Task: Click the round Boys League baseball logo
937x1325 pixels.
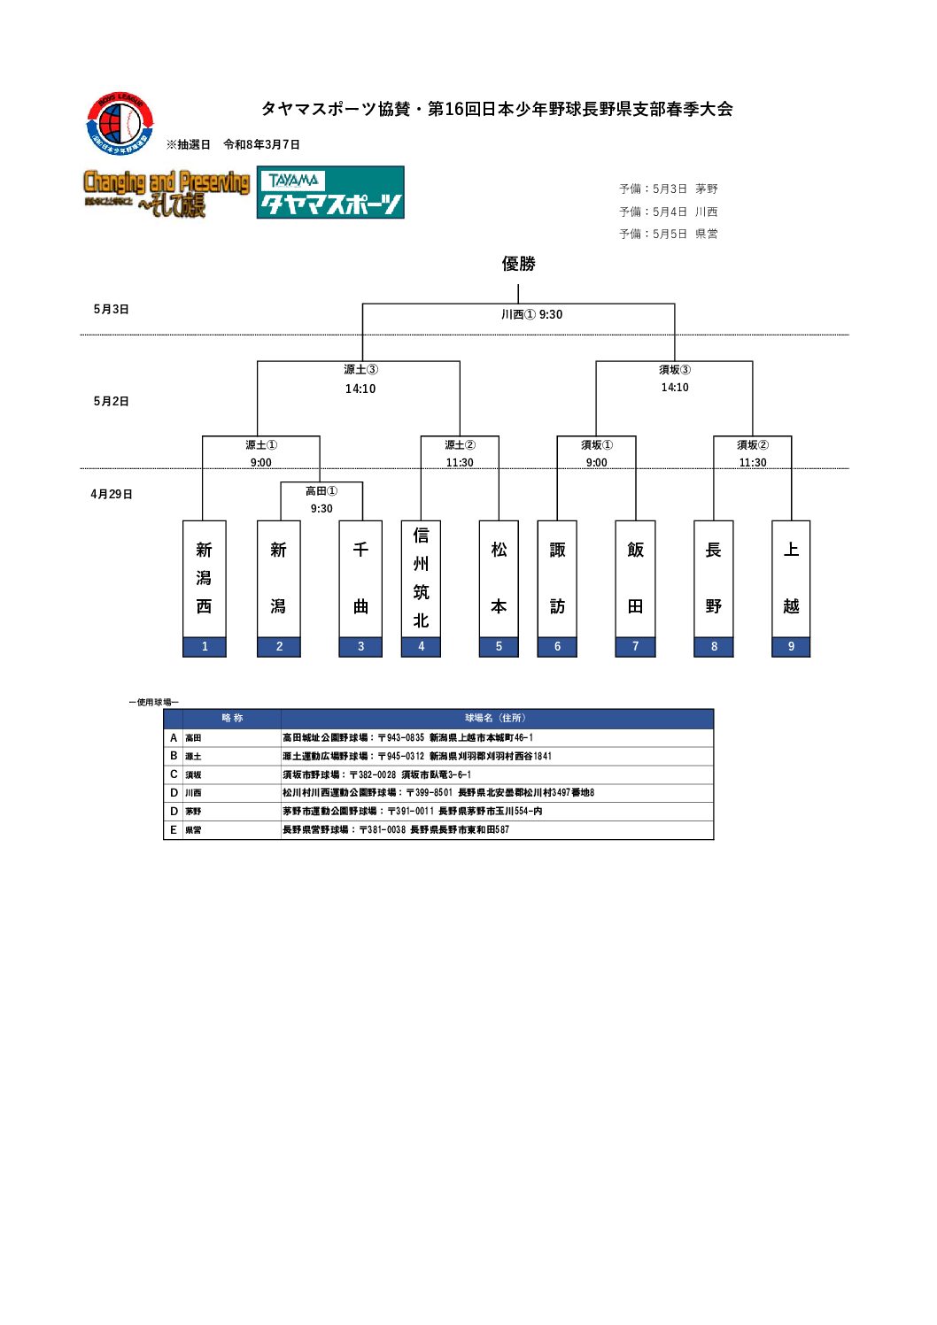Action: point(120,124)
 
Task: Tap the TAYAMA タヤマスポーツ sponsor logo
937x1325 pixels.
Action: point(330,192)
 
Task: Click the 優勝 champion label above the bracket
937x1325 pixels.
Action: point(518,264)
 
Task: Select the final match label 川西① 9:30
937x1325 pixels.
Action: point(531,314)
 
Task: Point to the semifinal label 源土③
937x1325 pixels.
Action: point(360,370)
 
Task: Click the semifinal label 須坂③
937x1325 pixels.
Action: point(674,370)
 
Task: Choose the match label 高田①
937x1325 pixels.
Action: point(321,491)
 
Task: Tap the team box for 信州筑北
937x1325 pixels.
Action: point(421,578)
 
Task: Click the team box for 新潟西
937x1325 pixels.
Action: point(204,578)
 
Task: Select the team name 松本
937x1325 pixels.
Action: point(499,578)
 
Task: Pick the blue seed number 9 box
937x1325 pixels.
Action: point(791,647)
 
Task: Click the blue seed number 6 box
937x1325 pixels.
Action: point(557,647)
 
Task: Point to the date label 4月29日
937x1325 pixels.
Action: point(112,495)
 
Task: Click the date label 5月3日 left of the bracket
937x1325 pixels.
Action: point(112,310)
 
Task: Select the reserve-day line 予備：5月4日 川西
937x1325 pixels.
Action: point(668,212)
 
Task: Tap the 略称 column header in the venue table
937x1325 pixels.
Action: point(232,719)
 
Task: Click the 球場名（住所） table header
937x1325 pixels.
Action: point(496,719)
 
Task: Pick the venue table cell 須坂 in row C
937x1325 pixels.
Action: point(193,775)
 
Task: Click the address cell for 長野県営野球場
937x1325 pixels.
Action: point(396,830)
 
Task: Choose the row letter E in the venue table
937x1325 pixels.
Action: point(174,830)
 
